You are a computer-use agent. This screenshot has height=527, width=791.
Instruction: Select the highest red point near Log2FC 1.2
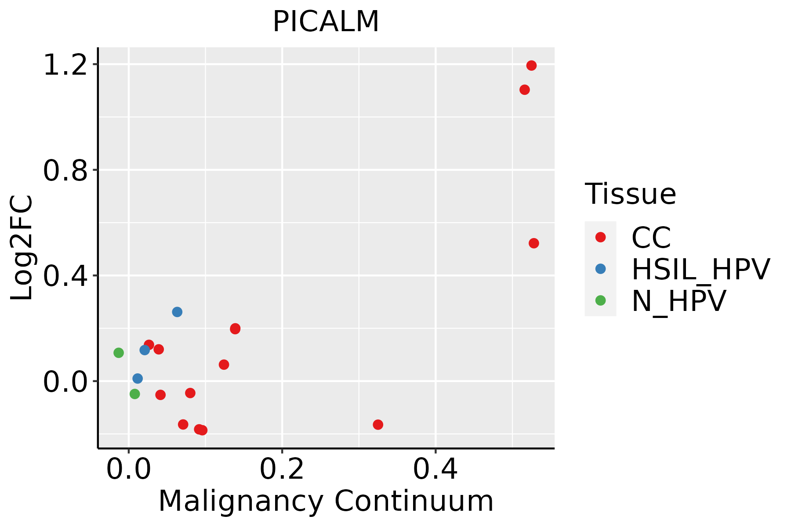point(531,66)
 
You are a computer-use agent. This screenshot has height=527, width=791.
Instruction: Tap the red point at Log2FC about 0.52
point(533,243)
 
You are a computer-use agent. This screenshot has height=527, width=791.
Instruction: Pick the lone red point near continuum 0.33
point(378,425)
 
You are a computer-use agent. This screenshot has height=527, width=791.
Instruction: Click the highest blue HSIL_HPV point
point(177,312)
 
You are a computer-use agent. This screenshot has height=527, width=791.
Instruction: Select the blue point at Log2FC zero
point(138,379)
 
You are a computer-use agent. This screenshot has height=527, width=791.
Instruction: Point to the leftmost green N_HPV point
point(119,353)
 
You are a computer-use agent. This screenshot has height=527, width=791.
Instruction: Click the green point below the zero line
point(135,394)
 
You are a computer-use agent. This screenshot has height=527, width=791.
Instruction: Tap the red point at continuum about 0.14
point(235,329)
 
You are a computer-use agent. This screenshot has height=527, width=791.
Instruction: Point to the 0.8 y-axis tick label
point(65,171)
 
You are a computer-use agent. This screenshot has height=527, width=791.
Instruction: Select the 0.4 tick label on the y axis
point(65,276)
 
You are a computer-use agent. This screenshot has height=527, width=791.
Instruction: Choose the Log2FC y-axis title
point(22,248)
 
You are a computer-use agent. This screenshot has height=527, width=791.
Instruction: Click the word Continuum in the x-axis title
point(414,502)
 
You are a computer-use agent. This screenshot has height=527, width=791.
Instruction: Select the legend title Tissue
point(630,194)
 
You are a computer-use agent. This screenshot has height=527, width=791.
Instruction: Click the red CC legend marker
point(600,237)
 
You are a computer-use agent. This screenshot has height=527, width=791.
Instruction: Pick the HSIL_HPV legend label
point(700,269)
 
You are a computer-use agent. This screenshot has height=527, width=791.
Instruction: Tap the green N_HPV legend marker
point(600,300)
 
